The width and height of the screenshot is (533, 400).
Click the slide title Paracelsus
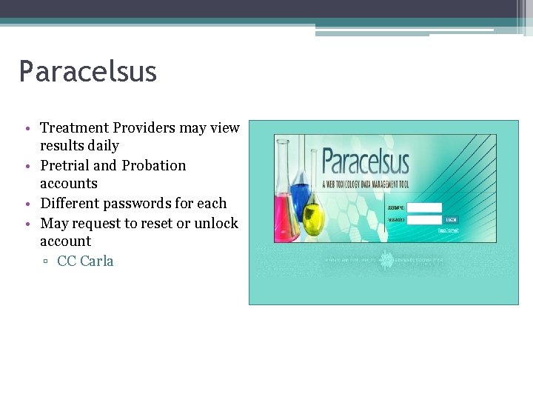coord(88,72)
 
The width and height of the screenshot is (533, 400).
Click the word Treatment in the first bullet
coord(74,128)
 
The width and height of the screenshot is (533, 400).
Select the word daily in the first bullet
coord(103,146)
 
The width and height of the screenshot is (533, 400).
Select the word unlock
coord(216,223)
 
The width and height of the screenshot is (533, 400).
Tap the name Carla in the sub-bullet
coord(97,261)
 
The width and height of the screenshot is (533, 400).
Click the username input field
coord(425,207)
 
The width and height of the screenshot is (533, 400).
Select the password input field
coord(425,219)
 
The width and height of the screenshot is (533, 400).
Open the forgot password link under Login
coord(448,230)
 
